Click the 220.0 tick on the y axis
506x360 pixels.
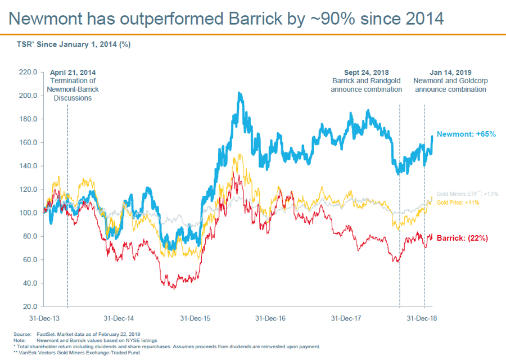[x=28, y=73]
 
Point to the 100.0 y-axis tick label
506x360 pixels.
[x=28, y=213]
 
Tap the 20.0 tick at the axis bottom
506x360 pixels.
[x=29, y=307]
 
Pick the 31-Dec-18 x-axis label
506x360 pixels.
[x=422, y=318]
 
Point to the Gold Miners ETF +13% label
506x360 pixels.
[x=467, y=194]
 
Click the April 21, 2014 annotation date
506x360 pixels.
[x=73, y=73]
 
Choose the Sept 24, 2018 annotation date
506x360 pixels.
[x=366, y=73]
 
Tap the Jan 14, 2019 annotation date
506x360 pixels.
[x=450, y=73]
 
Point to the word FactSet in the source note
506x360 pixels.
[x=46, y=335]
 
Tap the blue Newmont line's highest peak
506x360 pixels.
[x=240, y=93]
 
